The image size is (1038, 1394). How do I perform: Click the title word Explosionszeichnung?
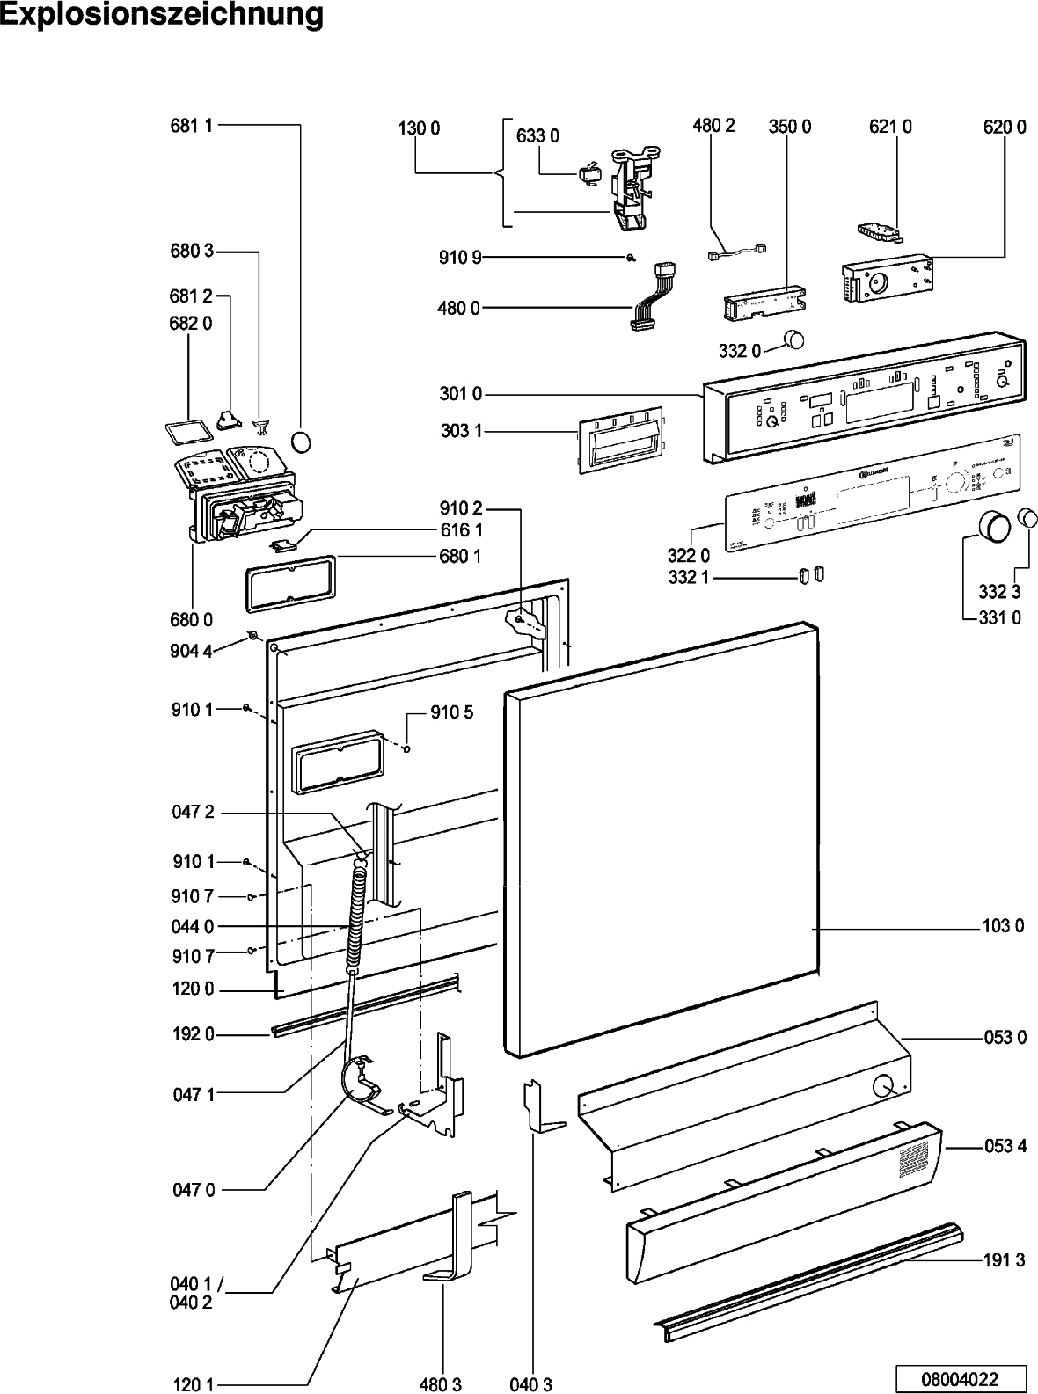pos(162,15)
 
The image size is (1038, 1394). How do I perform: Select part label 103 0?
pos(1003,926)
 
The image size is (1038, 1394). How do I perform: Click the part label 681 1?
pos(192,126)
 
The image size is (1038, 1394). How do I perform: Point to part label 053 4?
pos(1005,1146)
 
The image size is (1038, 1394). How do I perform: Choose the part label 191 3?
pos(1004,1259)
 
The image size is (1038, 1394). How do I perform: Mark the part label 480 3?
pos(440,1384)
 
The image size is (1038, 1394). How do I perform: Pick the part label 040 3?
pos(530,1384)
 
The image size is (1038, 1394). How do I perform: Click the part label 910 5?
pos(451,712)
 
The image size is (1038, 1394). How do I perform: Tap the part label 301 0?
pos(460,394)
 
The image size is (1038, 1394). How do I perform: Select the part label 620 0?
pos(1005,127)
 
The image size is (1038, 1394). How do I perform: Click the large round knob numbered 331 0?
pos(994,526)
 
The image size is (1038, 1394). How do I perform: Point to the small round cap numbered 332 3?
pos(1027,518)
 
